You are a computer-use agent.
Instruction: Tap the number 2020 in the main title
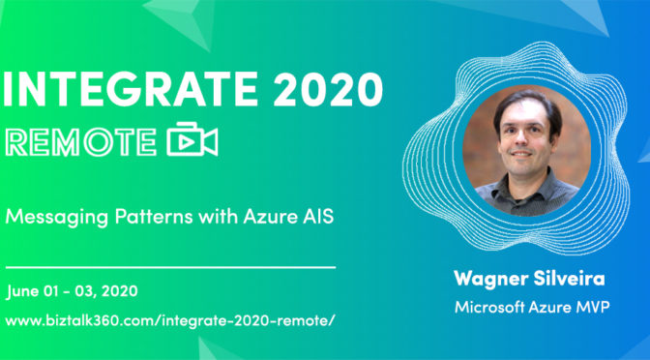[x=315, y=92]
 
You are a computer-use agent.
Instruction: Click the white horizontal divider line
[x=170, y=264]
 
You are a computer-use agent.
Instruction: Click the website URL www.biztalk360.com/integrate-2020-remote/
[x=170, y=318]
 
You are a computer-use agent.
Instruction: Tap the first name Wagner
[x=488, y=280]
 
